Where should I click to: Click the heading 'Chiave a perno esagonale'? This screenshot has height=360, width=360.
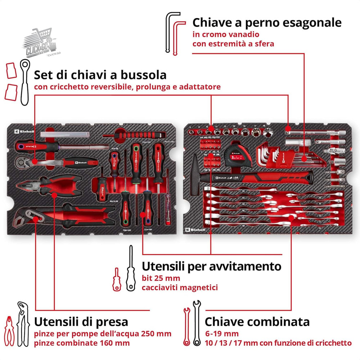click(267, 22)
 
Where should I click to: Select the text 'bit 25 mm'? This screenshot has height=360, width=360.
click(161, 278)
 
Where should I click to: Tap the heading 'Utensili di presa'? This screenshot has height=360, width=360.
click(81, 321)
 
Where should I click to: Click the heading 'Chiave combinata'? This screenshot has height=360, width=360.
click(257, 321)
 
